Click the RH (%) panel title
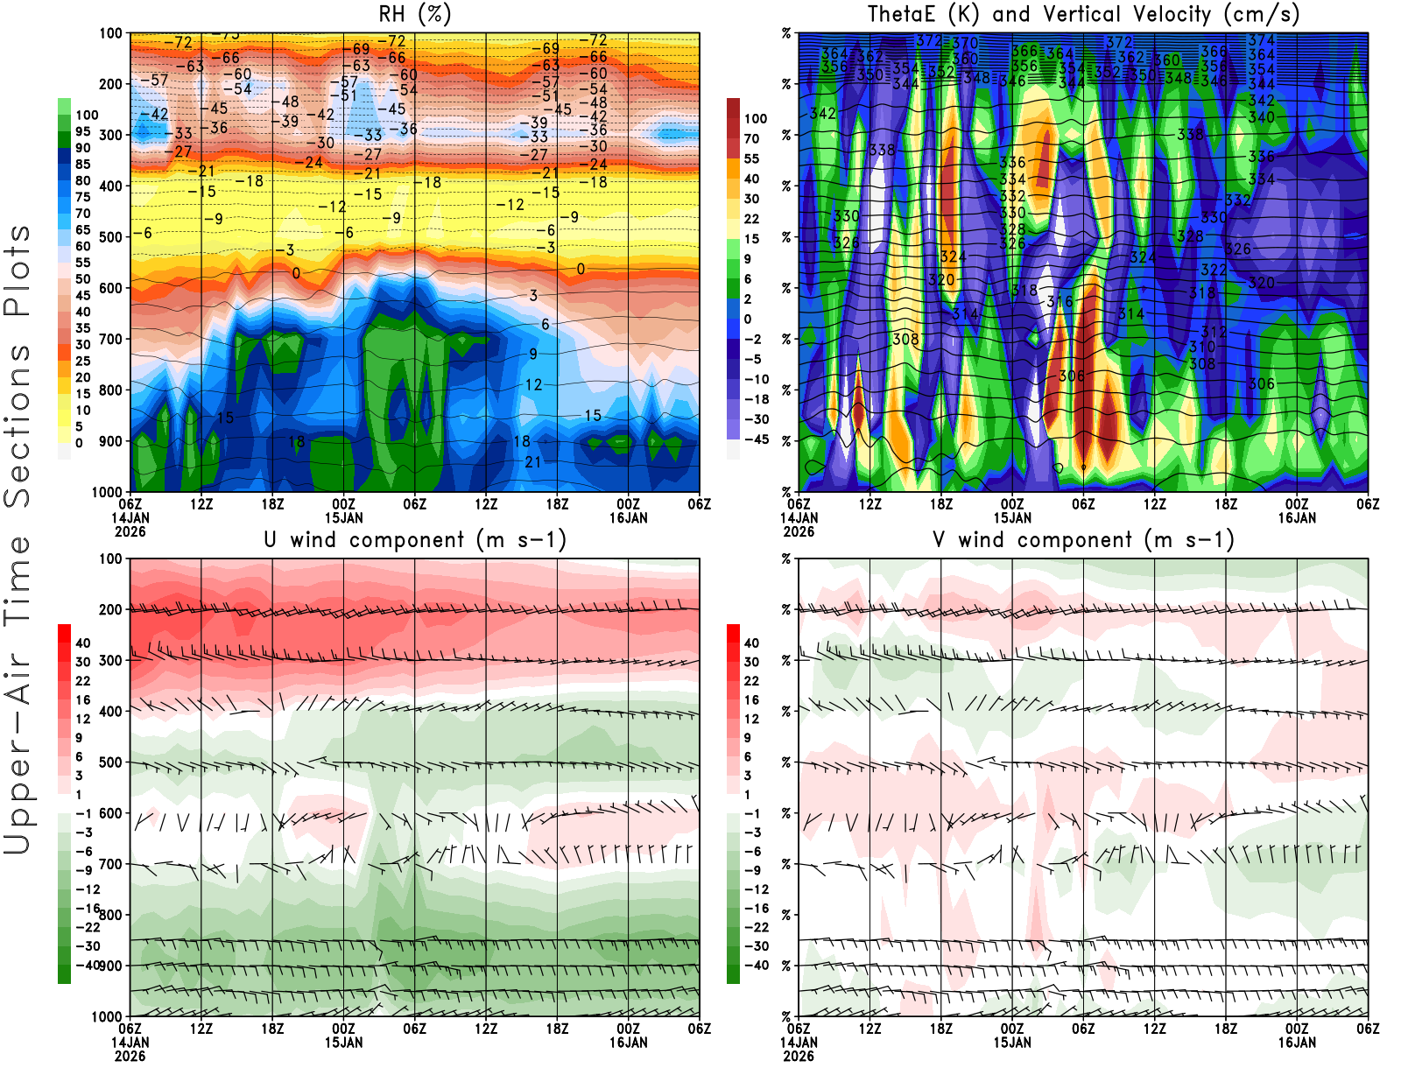414,14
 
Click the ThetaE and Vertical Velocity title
1083,14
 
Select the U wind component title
415,539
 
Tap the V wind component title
1083,539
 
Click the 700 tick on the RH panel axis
111,339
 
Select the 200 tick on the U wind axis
111,609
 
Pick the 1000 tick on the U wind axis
108,1016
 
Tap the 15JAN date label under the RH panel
344,517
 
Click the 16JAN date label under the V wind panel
1297,1043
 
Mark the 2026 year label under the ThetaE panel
799,531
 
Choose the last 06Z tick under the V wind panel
1368,1029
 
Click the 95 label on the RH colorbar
83,131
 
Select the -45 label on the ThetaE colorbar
756,439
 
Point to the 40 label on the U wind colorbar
83,643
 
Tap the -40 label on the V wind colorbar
756,965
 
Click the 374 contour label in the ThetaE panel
1261,40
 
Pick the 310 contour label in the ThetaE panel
1202,348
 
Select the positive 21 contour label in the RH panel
533,462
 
